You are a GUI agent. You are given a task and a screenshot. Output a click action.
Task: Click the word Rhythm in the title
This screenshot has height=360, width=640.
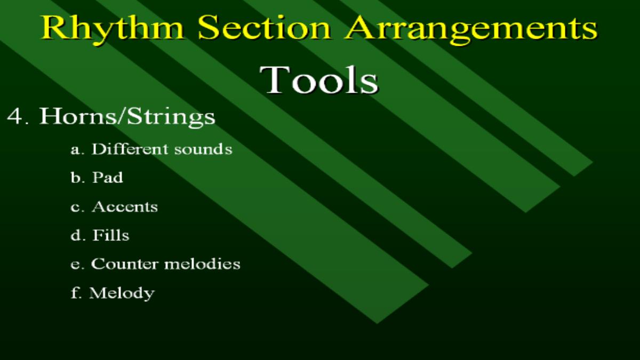[113, 28]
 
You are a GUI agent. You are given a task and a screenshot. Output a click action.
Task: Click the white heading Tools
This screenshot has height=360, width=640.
[319, 79]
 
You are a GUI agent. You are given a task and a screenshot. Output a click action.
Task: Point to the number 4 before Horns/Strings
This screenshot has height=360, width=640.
[15, 116]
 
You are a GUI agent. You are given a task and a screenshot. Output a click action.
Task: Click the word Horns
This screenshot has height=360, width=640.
[78, 116]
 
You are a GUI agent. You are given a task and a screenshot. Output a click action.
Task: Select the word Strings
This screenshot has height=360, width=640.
[171, 117]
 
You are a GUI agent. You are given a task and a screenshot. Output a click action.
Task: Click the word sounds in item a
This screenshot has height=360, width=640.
[203, 149]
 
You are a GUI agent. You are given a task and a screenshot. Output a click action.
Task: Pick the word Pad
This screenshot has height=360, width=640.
[108, 178]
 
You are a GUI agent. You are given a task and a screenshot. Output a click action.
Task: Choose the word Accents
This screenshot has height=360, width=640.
[125, 206]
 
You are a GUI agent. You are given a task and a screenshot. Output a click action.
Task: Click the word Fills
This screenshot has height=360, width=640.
[111, 235]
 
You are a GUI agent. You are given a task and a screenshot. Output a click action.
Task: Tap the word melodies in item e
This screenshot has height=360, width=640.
[202, 263]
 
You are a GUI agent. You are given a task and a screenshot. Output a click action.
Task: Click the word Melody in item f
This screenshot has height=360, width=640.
[122, 293]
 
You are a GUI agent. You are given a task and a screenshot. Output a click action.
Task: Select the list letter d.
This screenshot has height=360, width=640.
[75, 235]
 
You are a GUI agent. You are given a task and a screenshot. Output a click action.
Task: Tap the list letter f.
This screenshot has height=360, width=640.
[75, 293]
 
